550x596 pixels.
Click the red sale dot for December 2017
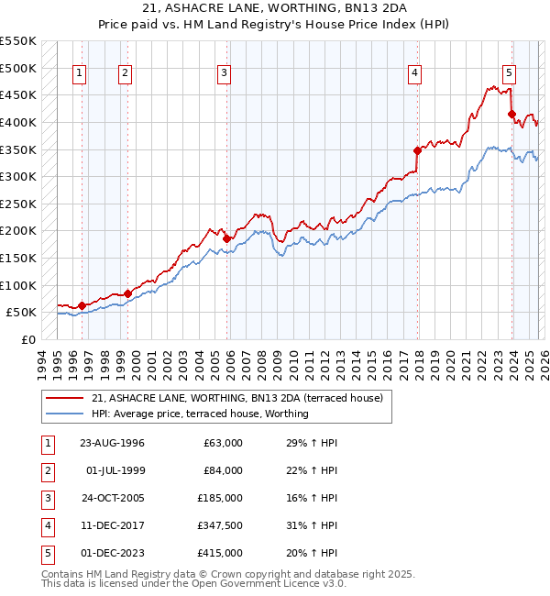click(417, 149)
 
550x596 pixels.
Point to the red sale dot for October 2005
click(226, 238)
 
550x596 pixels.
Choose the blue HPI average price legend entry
click(200, 414)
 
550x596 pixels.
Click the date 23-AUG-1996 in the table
click(112, 443)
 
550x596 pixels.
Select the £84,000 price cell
click(223, 470)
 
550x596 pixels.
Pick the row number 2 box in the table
click(48, 470)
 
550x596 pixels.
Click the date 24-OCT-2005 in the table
click(112, 498)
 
